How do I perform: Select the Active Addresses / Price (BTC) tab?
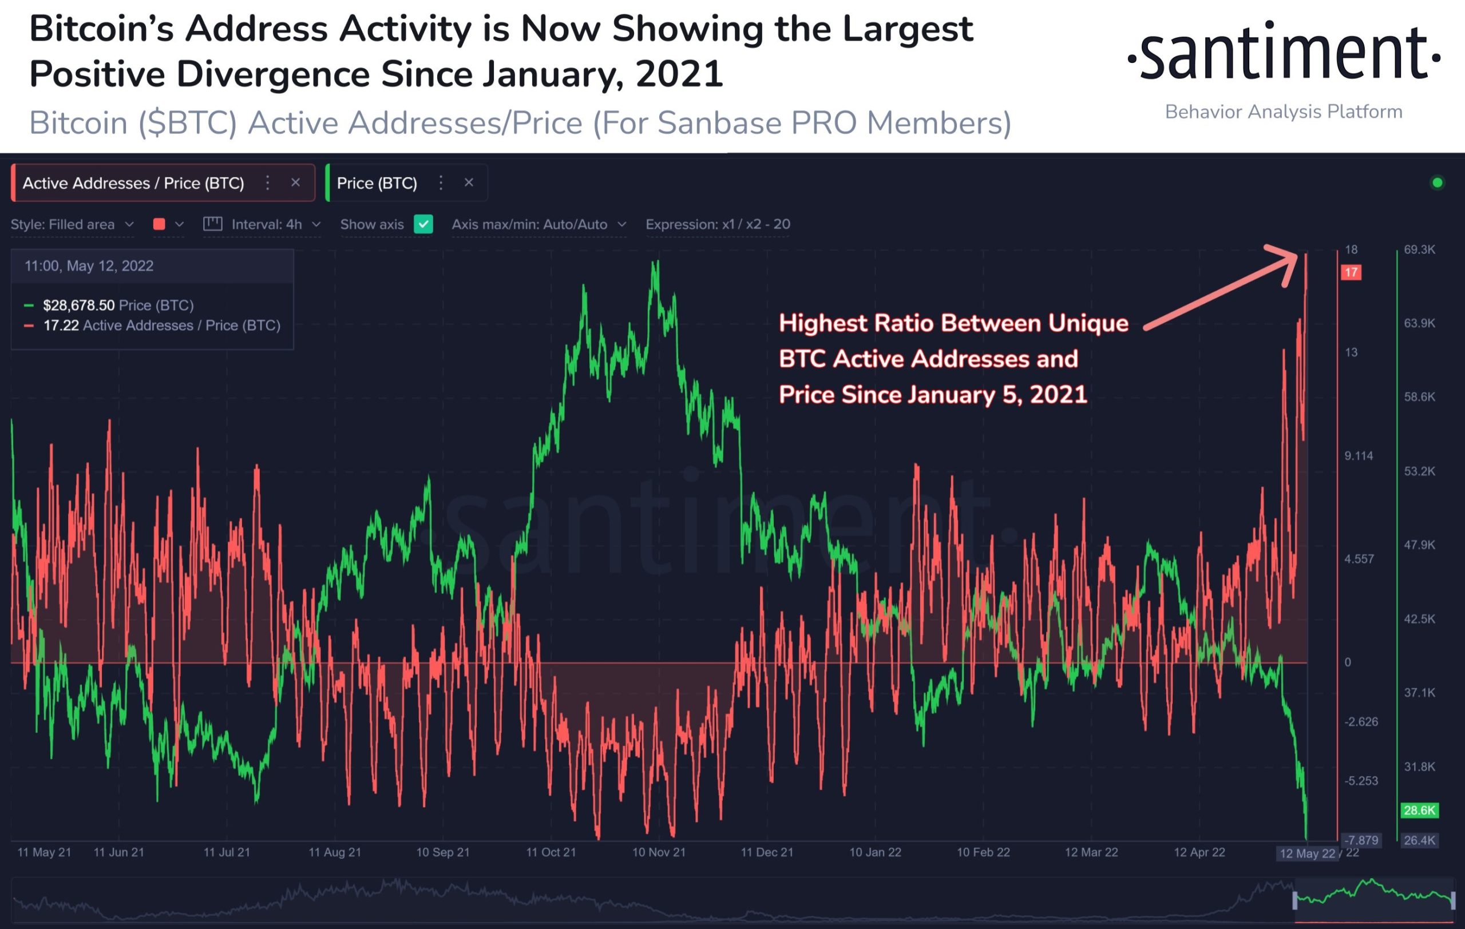(133, 183)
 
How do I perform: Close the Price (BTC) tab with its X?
(469, 182)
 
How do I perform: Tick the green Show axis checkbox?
(423, 224)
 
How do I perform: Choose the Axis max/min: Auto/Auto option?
(529, 224)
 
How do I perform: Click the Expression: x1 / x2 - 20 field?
(718, 224)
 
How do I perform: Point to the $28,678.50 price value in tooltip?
(78, 305)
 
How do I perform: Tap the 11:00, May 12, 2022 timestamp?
(89, 265)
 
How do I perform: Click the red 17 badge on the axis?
(1351, 272)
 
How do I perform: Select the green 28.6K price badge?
(1419, 810)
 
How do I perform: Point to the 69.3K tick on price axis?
(1419, 250)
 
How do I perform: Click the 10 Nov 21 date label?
(659, 852)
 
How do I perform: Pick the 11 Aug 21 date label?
(335, 852)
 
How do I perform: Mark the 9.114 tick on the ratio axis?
(1359, 456)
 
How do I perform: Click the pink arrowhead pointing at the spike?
(1285, 263)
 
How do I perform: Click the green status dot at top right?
(1438, 182)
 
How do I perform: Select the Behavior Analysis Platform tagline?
(1284, 112)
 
